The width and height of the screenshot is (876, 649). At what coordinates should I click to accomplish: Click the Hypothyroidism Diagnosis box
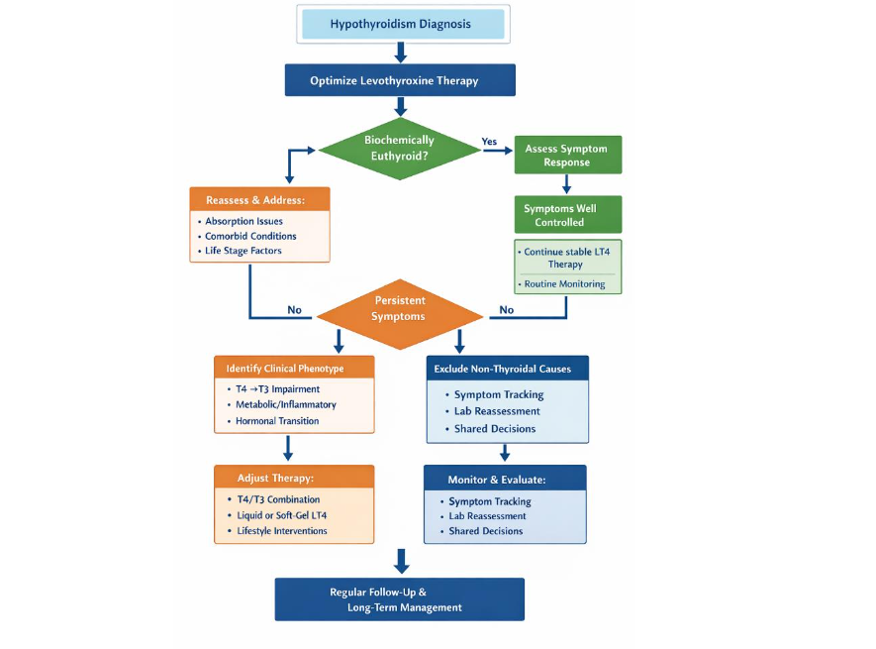pos(400,24)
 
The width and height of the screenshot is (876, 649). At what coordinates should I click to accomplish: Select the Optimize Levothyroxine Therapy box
pos(400,80)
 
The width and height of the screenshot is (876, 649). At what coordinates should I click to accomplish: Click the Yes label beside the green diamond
pos(489,142)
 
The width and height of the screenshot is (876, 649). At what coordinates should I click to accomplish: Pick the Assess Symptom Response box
pos(566,155)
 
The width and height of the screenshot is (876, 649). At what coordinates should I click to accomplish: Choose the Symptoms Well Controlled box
pos(566,215)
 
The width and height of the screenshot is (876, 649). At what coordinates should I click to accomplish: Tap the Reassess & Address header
pos(259,200)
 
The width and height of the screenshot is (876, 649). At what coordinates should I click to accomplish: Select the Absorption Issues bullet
pos(243,221)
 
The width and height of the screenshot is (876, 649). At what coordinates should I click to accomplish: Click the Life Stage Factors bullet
pos(243,251)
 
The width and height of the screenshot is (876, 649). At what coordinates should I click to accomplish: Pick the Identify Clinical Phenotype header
pos(293,368)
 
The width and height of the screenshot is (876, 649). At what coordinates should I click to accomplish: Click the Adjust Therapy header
pos(293,477)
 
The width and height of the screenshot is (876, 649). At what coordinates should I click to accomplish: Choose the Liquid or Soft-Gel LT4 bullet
pos(281,515)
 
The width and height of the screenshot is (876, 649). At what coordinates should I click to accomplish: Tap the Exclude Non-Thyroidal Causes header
pos(508,369)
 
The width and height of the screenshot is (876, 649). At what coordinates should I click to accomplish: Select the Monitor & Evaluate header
pos(505,480)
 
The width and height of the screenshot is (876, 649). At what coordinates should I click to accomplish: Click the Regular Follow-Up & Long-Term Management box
pos(400,599)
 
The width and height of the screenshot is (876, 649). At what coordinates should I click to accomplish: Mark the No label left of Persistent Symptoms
pos(294,310)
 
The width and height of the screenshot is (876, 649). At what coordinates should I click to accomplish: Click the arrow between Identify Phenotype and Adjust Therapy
pos(288,449)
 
